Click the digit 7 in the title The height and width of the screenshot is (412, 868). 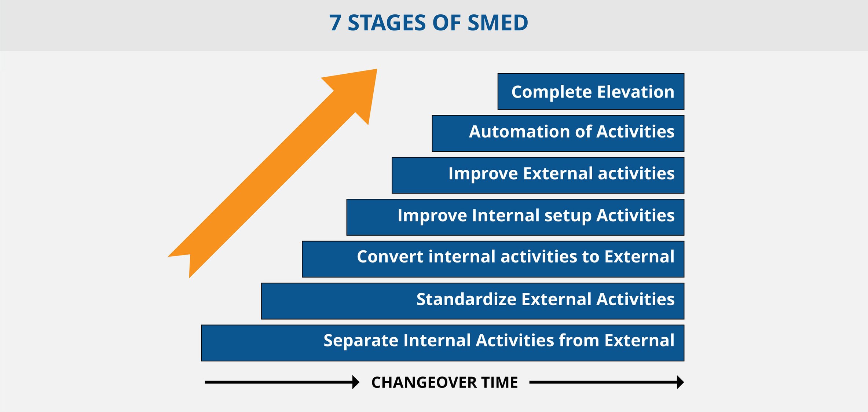335,23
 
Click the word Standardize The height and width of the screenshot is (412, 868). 466,299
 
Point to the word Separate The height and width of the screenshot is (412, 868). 360,341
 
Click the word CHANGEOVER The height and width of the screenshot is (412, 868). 424,383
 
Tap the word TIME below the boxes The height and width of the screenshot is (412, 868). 499,383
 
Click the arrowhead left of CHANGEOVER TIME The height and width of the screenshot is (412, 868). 356,382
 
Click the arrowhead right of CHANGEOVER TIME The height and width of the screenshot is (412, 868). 680,382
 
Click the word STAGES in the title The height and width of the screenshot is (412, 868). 387,23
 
